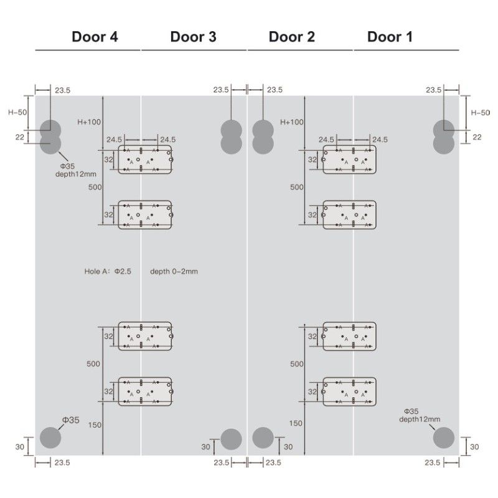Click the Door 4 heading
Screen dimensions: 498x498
[x=95, y=37]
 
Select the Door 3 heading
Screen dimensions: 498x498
[x=193, y=37]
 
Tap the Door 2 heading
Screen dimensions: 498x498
[x=291, y=37]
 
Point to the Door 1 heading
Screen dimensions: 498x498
[x=390, y=37]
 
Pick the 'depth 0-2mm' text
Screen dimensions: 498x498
[x=174, y=271]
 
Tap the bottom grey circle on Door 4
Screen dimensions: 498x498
[x=51, y=437]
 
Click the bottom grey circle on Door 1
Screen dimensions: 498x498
[x=445, y=437]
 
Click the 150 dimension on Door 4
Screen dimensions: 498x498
[x=95, y=425]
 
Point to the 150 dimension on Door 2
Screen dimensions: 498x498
[x=296, y=423]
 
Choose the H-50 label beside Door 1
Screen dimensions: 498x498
[x=480, y=113]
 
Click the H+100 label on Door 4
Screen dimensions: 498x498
[x=89, y=122]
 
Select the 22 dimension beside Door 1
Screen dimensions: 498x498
[x=477, y=137]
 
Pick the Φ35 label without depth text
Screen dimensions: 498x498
[x=70, y=421]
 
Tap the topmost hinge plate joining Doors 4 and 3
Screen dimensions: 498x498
[x=145, y=160]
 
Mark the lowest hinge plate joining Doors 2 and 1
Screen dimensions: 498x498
[x=350, y=391]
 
